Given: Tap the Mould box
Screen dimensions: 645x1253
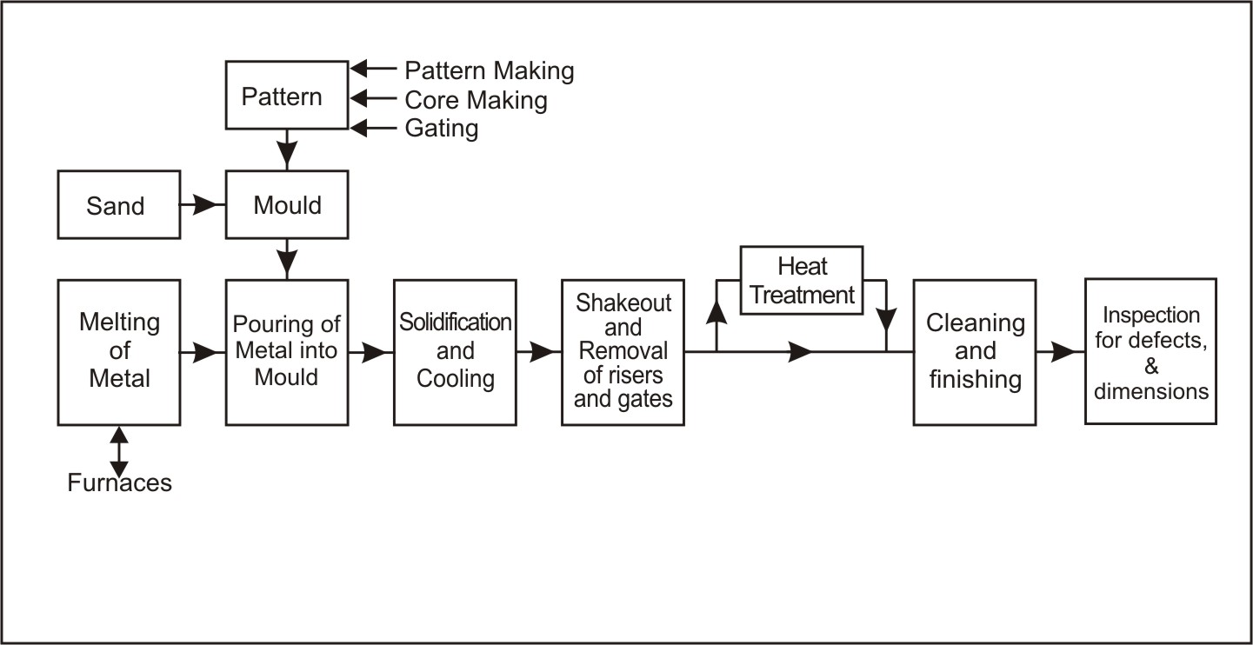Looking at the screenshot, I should [x=287, y=205].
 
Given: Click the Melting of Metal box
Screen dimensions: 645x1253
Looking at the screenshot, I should [x=119, y=351].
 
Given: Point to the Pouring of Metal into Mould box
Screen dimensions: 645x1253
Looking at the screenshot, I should [x=287, y=351].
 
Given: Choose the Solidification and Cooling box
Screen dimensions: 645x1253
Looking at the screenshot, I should [x=455, y=351].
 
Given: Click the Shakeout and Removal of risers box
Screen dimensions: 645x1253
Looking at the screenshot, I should [x=623, y=351].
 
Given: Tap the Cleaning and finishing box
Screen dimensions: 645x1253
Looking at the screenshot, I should [x=975, y=351].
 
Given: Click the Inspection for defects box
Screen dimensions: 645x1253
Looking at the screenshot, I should [x=1150, y=351].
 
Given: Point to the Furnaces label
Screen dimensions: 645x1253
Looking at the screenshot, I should [x=119, y=483].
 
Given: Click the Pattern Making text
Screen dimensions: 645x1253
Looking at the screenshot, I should [x=490, y=70].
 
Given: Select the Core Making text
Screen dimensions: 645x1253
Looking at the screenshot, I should [x=477, y=100].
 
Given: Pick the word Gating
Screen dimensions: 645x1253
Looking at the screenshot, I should [x=442, y=129].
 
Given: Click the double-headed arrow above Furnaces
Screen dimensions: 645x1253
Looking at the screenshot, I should [x=119, y=451].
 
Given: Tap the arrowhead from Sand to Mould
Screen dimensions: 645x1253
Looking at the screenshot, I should [x=207, y=205].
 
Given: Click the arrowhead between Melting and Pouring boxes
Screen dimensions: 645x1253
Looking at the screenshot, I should [x=206, y=352].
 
